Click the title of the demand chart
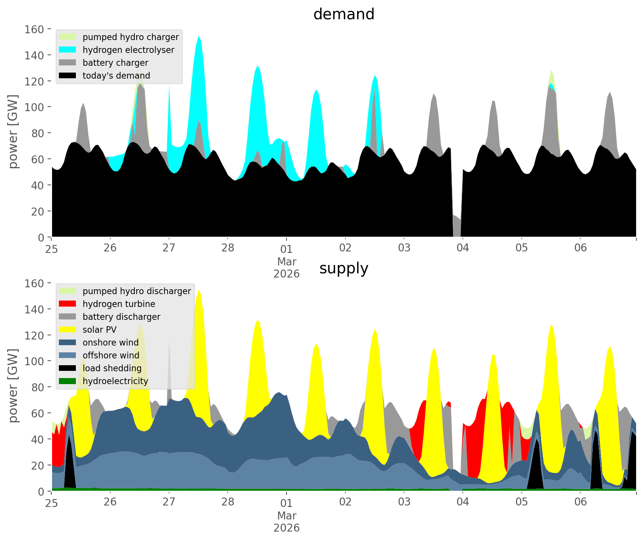tap(344, 14)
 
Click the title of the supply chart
tap(344, 268)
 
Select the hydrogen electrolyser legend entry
tap(128, 50)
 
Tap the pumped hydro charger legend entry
tap(131, 37)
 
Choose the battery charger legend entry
tap(115, 63)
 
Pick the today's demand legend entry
tap(116, 76)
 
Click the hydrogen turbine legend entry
tap(119, 304)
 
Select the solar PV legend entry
tap(99, 330)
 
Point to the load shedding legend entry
tap(112, 368)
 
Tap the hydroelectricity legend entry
tap(115, 381)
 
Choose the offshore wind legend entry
tap(111, 355)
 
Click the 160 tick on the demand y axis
tap(34, 29)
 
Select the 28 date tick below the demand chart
tap(228, 248)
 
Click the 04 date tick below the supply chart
tap(463, 502)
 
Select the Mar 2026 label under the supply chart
tap(287, 522)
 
